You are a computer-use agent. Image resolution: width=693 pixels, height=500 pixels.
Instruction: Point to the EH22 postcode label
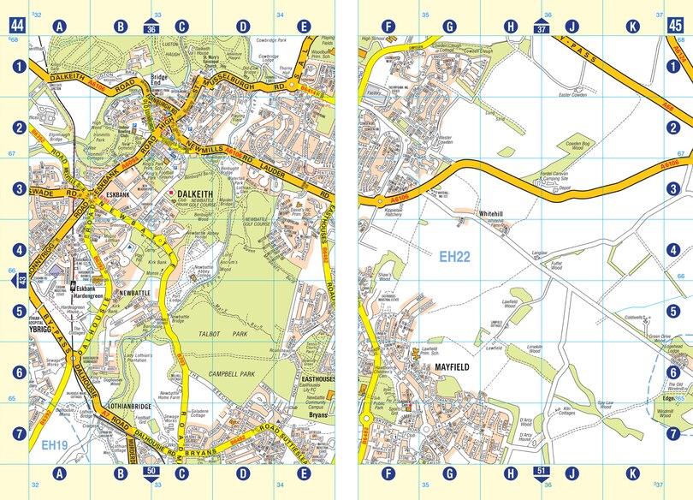pos(456,255)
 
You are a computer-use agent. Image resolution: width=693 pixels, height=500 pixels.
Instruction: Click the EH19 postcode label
pos(54,446)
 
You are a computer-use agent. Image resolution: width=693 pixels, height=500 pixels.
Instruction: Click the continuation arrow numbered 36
pos(151,27)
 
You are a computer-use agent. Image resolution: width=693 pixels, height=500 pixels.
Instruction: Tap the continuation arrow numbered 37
pos(541,27)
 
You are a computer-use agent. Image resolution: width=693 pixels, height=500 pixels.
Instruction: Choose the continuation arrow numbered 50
pos(151,472)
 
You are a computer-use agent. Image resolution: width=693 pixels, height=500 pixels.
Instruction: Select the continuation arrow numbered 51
pos(541,472)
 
